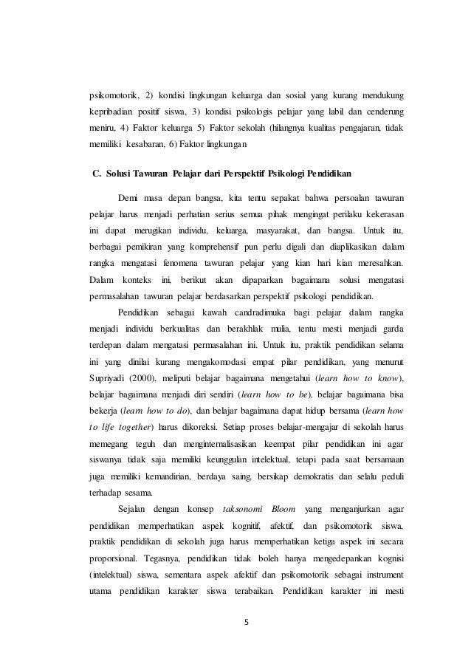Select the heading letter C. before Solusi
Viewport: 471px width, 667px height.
(x=94, y=174)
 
